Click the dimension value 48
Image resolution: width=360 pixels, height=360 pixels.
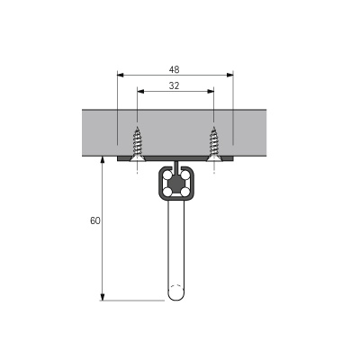[174, 70]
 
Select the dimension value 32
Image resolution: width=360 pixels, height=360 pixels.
[174, 86]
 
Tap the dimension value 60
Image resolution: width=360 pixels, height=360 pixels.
[95, 220]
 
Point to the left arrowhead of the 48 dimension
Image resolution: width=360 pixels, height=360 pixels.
[121, 75]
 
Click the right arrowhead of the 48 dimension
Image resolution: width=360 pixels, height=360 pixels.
[230, 75]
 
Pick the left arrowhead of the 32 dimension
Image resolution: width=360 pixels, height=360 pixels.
[140, 91]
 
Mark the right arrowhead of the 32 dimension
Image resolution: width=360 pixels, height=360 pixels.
[211, 91]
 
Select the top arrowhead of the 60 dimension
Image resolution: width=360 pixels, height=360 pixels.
[103, 160]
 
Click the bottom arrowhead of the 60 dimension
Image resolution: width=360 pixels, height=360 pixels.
[103, 296]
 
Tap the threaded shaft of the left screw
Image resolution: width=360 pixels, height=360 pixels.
[137, 141]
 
